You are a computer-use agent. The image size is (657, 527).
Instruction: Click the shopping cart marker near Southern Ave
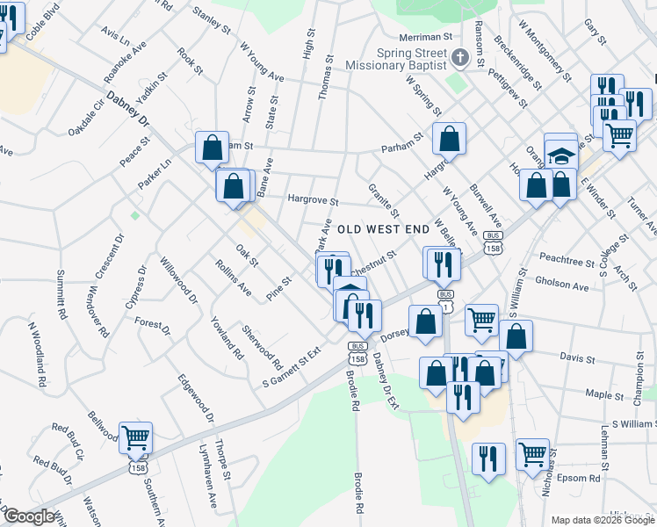[135, 437]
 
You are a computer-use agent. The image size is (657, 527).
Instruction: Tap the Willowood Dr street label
[179, 278]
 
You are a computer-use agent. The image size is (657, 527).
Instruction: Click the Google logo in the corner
[29, 516]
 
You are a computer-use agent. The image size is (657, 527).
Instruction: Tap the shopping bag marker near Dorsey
[425, 321]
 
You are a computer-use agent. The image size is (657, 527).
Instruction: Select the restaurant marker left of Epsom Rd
[488, 458]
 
